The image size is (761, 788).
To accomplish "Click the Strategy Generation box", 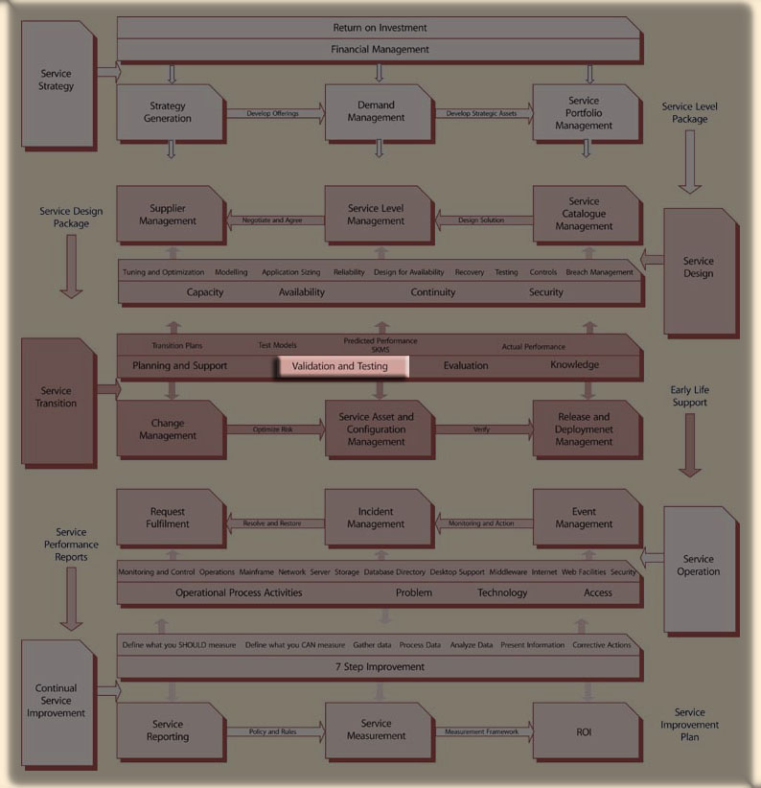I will coord(169,112).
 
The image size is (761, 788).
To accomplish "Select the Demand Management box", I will coord(376,112).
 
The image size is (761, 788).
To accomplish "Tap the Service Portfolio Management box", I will coord(584,113).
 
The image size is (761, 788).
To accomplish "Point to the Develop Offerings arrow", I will coord(274,114).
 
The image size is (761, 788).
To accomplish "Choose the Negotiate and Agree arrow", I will coord(273,220).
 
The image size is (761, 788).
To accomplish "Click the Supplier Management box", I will coord(169,215).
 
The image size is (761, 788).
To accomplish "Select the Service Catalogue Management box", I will coord(584,214).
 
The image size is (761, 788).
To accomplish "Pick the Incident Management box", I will coord(376,518).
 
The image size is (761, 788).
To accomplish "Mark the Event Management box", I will coord(584,518).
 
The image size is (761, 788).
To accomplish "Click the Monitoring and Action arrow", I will coord(482,523).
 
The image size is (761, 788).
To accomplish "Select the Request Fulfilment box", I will coord(169,518).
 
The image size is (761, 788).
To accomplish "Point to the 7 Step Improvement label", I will coord(380,666).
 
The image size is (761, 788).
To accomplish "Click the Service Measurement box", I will coord(376,730).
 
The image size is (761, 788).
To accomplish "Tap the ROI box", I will coord(584,730).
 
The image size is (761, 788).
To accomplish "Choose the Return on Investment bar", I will coord(380,28).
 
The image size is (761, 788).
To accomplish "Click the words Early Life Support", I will coord(690,397).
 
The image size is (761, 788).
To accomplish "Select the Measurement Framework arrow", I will coord(482,731).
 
